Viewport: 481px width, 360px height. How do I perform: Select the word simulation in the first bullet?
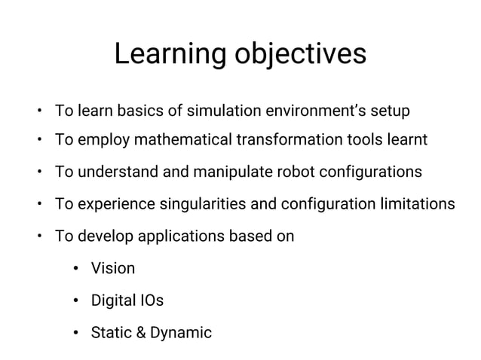coord(222,111)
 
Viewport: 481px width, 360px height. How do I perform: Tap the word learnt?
coord(407,139)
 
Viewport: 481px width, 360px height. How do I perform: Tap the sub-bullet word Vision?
coord(113,268)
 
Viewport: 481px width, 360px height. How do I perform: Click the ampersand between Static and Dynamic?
coord(142,332)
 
